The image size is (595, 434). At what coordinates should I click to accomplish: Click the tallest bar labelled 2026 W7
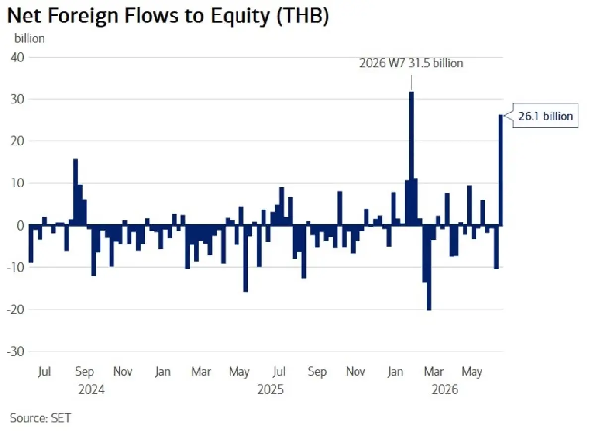click(x=411, y=159)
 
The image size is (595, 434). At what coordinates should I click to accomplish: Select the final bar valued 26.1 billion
click(x=501, y=170)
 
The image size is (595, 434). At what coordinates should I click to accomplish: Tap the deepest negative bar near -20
click(x=429, y=268)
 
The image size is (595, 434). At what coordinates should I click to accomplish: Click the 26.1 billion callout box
click(x=545, y=116)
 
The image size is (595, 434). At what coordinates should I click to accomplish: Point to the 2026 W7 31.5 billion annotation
click(x=411, y=63)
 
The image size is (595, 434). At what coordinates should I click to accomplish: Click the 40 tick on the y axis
click(x=17, y=57)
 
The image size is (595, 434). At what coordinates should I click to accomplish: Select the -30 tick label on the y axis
click(x=16, y=351)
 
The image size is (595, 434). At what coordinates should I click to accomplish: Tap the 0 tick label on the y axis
click(x=20, y=226)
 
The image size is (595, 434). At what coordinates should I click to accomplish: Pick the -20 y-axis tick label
click(x=16, y=310)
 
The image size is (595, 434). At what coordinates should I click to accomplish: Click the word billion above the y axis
click(x=29, y=39)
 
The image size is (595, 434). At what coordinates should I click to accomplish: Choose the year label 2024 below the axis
click(x=91, y=390)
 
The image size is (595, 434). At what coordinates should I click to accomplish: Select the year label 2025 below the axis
click(x=270, y=390)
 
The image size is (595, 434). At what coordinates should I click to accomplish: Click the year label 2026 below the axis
click(x=445, y=390)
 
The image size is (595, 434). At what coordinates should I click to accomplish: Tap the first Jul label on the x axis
click(x=44, y=372)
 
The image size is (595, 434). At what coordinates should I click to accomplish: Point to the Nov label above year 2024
click(x=123, y=372)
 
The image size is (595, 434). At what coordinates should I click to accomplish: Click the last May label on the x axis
click(x=472, y=372)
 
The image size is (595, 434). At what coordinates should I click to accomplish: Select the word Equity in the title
click(x=240, y=16)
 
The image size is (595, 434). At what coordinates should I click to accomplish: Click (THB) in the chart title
click(x=302, y=16)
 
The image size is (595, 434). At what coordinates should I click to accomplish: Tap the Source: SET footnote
click(x=41, y=418)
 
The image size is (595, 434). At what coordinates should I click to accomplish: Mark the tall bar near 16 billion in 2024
click(x=75, y=192)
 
